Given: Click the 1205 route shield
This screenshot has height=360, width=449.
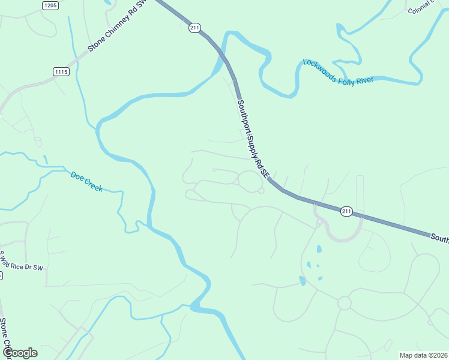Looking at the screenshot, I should (50, 5).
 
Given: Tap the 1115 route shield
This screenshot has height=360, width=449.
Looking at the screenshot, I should (61, 71).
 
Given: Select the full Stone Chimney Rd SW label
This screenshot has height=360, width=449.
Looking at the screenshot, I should (117, 28).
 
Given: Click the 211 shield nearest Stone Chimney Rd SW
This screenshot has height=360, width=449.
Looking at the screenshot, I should (194, 28).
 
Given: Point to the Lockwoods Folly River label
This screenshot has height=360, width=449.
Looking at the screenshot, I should (339, 72).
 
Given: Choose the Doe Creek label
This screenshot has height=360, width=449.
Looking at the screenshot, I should (86, 181).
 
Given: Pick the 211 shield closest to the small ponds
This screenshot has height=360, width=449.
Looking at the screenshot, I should (346, 211).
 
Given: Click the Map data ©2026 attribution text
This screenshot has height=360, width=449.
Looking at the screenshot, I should (424, 355).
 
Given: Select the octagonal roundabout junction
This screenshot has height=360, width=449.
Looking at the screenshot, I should (344, 303).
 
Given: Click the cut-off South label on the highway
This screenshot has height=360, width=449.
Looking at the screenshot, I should (439, 238).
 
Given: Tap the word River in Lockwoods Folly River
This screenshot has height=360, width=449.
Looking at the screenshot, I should (364, 80).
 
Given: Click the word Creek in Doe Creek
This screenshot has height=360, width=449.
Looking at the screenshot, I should (94, 185).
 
